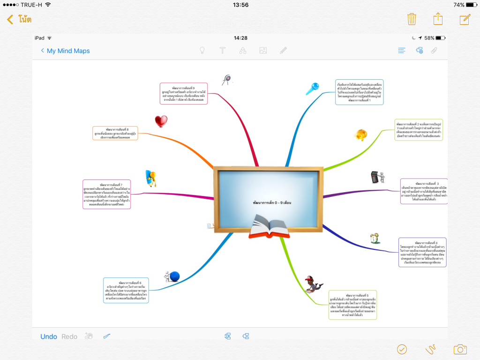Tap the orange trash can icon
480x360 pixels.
click(x=412, y=19)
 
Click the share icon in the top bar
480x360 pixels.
click(x=438, y=19)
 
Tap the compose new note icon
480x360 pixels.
click(x=465, y=19)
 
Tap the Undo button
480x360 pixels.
click(x=49, y=337)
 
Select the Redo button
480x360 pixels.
click(x=69, y=337)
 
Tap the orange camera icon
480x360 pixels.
click(x=460, y=349)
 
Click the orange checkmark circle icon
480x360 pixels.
click(x=402, y=349)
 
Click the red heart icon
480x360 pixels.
click(x=161, y=121)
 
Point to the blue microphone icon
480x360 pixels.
click(x=312, y=88)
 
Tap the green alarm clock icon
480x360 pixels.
click(x=375, y=238)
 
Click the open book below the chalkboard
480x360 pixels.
click(x=266, y=227)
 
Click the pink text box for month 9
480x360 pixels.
click(x=183, y=93)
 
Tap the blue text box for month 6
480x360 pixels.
click(x=126, y=290)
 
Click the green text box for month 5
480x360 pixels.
click(x=352, y=305)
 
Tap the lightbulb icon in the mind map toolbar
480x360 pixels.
click(x=202, y=51)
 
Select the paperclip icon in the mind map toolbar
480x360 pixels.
click(x=434, y=51)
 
